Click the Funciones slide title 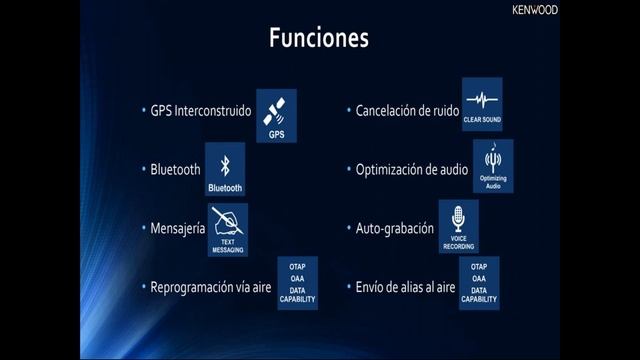point(319,38)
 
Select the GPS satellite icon point(276,114)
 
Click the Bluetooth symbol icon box point(225,172)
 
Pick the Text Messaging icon point(228,230)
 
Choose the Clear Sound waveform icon point(482,105)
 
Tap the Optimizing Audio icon point(493,165)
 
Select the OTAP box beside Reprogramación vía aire point(297,283)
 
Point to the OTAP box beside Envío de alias point(479,283)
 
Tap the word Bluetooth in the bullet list point(175,170)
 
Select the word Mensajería point(178,228)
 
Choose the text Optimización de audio point(411,169)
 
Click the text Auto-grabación point(394,228)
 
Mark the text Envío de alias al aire point(405,287)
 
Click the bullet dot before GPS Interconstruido point(143,110)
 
